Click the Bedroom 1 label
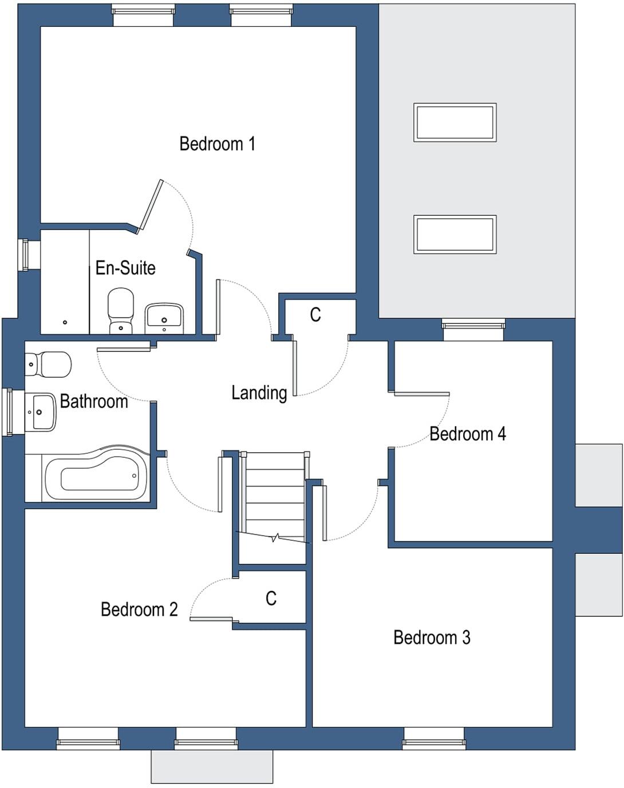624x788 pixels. point(217,144)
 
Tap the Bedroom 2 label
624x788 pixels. point(139,609)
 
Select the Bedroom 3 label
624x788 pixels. point(432,637)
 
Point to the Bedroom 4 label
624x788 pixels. point(467,434)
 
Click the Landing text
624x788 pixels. point(259,393)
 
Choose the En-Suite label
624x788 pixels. point(125,268)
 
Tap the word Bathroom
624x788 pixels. point(94,401)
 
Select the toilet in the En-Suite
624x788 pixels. point(121,311)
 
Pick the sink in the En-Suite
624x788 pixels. point(164,318)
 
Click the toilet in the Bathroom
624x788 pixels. point(48,365)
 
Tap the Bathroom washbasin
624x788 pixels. point(41,411)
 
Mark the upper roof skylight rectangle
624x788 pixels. point(455,122)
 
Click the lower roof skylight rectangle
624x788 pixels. point(455,234)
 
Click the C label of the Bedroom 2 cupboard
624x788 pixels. point(271,599)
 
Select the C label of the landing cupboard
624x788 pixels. point(315,315)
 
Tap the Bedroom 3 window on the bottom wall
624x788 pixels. point(434,738)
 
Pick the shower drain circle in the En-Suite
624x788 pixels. point(65,322)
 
